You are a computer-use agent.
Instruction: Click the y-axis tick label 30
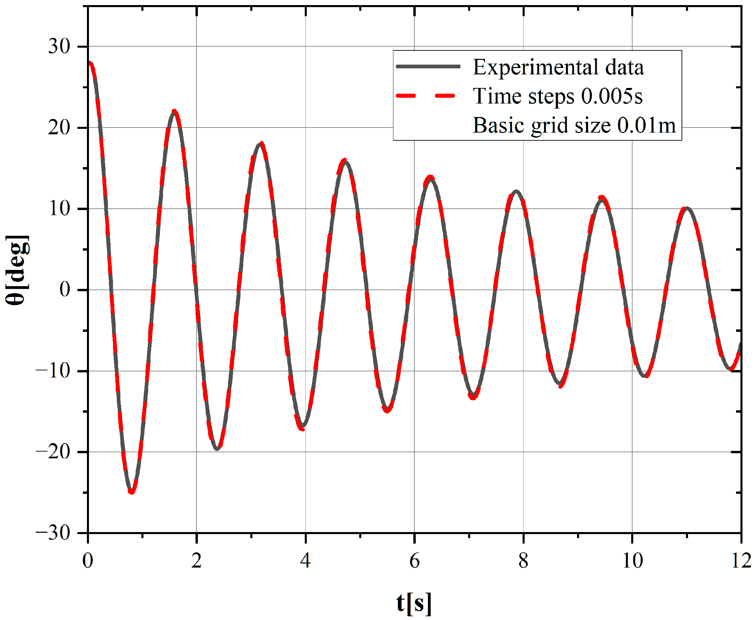[59, 46]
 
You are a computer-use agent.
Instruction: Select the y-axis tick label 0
[65, 290]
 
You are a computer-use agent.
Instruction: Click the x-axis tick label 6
[414, 561]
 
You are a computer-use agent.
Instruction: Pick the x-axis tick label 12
[741, 561]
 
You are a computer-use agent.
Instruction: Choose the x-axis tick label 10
[633, 561]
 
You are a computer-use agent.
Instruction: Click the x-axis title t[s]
[414, 603]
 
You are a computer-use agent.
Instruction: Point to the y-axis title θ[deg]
[17, 270]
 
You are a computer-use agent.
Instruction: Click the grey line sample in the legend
[428, 66]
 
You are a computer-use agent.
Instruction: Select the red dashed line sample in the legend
[426, 96]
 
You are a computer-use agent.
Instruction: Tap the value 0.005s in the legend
[612, 96]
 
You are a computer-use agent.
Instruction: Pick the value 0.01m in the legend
[646, 125]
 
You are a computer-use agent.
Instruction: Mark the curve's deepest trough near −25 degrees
[132, 492]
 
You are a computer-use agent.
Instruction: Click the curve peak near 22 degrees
[174, 111]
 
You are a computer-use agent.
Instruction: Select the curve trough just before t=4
[302, 427]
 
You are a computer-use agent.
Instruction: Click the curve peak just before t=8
[516, 191]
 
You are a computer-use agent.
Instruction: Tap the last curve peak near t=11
[686, 208]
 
